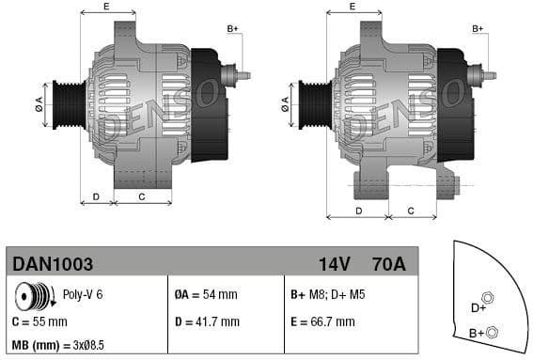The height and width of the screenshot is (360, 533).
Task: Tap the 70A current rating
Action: (x=388, y=265)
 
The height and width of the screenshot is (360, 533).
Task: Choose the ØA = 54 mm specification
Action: (x=206, y=295)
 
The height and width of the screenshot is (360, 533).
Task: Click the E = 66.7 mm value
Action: (x=323, y=321)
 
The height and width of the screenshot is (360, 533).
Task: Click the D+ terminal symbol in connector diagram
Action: (x=487, y=298)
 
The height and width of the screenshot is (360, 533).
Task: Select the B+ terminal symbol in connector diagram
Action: (x=494, y=330)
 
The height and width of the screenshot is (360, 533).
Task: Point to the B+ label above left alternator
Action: (x=233, y=29)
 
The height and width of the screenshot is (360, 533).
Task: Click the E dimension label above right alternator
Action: (x=352, y=7)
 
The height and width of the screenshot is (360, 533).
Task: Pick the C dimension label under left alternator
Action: (x=142, y=196)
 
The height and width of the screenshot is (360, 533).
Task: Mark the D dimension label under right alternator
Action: (x=358, y=211)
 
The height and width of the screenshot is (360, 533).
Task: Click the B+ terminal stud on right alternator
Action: (x=485, y=72)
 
